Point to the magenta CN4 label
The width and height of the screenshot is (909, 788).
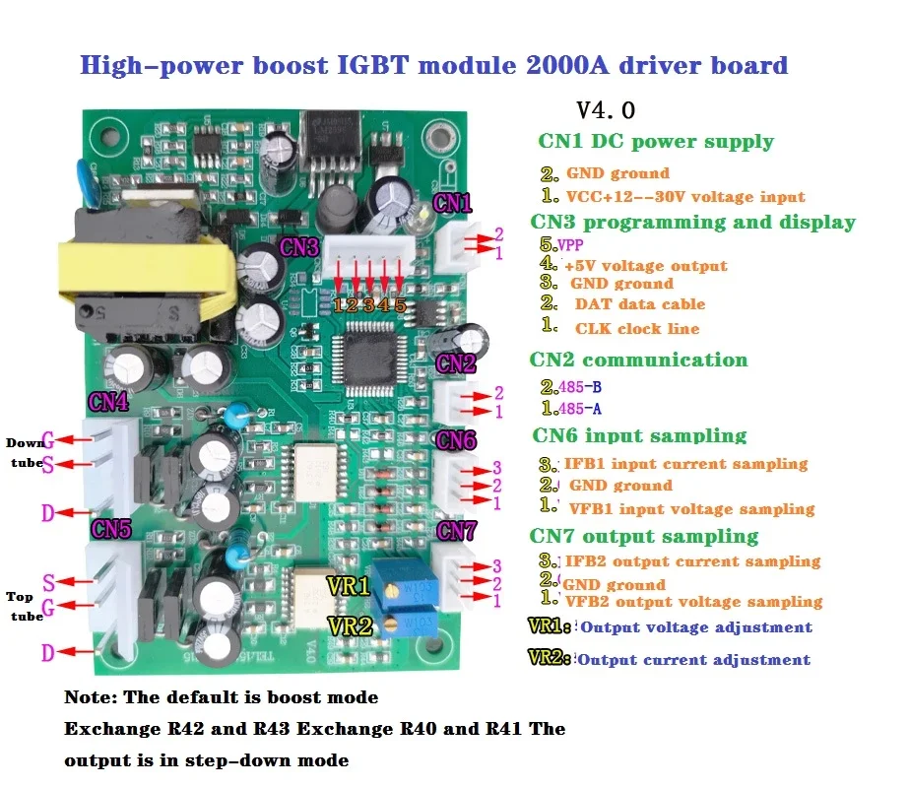click(108, 402)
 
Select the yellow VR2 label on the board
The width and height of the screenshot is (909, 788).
click(350, 625)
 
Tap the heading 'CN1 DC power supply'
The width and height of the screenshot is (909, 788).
click(656, 141)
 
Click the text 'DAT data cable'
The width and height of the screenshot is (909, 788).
click(640, 304)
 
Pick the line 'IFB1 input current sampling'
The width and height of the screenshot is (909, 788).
click(685, 463)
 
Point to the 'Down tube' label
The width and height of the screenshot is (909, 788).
click(26, 451)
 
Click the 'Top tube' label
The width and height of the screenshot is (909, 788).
click(25, 606)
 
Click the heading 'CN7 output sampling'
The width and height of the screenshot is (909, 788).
click(644, 536)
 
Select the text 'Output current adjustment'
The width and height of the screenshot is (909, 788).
click(693, 660)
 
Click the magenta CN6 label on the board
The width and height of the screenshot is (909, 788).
click(456, 440)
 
